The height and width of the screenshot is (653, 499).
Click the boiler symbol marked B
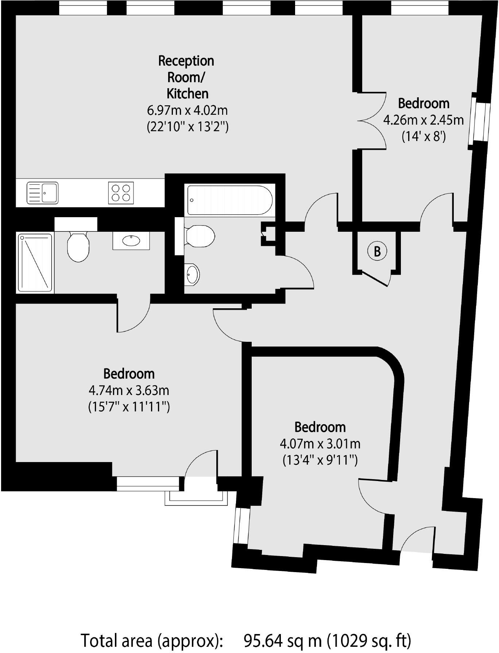point(377,251)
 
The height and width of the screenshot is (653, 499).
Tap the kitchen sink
point(43,193)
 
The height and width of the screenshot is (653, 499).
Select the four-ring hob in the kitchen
point(121,193)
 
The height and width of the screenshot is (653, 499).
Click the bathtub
point(230,200)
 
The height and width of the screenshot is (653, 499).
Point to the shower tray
point(35,263)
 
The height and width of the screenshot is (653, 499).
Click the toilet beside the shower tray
point(78,247)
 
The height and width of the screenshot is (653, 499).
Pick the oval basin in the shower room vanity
point(131,240)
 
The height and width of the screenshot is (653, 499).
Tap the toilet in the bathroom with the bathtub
point(199,236)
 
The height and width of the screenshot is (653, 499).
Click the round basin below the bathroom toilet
point(192,273)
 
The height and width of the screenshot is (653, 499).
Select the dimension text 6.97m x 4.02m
point(187,110)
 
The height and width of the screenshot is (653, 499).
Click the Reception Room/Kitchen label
point(187,77)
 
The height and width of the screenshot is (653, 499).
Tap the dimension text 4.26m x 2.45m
point(423,120)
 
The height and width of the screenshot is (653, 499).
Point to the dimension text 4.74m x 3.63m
point(129,390)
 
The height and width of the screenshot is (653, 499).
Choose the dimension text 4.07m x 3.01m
point(320,443)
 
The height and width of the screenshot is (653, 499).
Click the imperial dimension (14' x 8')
point(423,137)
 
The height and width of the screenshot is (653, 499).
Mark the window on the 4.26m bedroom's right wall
point(479,121)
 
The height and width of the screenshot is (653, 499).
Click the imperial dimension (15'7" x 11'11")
point(129,406)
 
